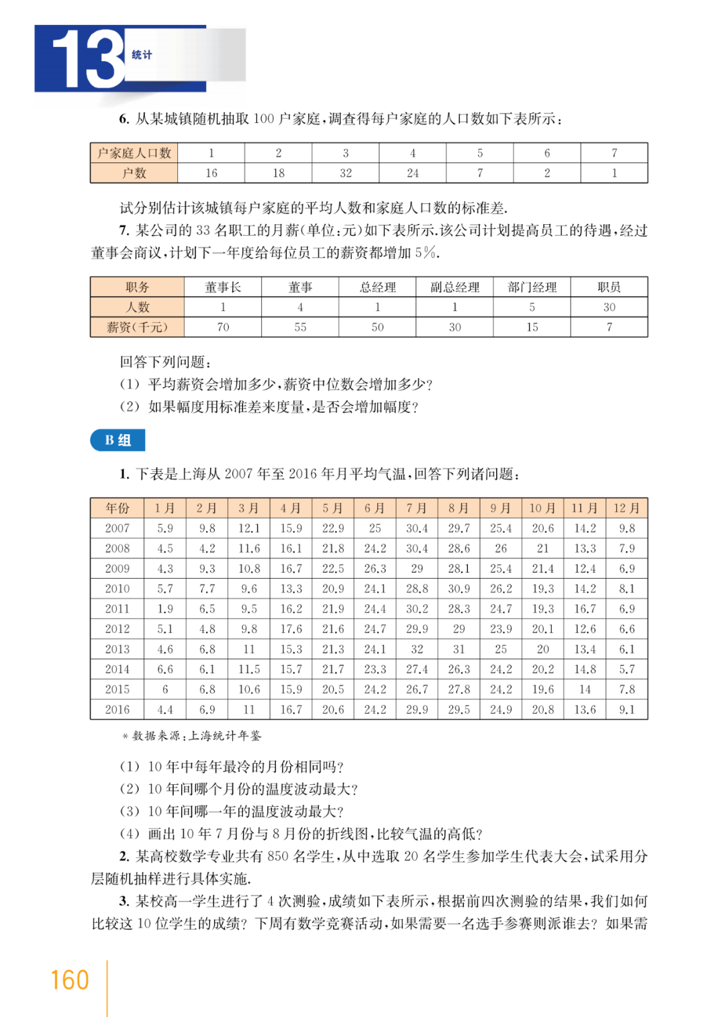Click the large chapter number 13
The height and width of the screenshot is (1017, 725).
click(x=87, y=59)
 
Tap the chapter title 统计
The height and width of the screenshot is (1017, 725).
click(x=142, y=54)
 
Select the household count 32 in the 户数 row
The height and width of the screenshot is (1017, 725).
click(x=346, y=173)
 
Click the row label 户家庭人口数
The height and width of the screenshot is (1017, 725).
click(x=134, y=153)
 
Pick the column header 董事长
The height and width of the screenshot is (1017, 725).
click(x=223, y=287)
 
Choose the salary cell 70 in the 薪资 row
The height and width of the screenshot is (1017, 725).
click(x=223, y=327)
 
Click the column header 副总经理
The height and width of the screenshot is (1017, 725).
click(x=454, y=287)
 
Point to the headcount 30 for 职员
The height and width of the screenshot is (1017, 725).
click(x=609, y=307)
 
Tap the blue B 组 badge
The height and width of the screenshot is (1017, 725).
click(x=117, y=440)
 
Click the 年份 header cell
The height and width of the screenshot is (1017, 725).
click(x=117, y=508)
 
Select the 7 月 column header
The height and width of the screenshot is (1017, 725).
click(x=417, y=508)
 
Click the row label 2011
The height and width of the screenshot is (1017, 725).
click(x=117, y=609)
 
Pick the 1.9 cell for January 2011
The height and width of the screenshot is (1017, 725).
click(x=165, y=609)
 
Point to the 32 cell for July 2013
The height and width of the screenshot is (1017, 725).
click(x=417, y=649)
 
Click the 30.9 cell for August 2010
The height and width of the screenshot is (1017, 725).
click(x=459, y=589)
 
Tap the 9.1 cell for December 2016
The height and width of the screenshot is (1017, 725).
click(x=626, y=710)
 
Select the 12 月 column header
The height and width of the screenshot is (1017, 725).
click(x=626, y=508)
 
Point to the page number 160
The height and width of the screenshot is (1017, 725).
click(x=70, y=980)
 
